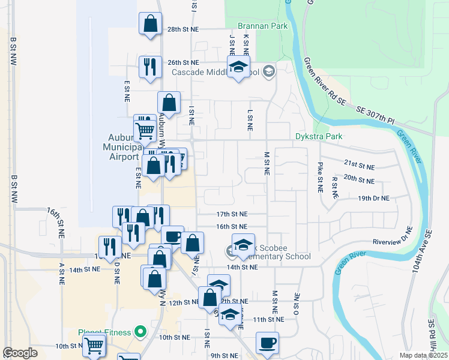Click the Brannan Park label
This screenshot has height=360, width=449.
coord(262,26)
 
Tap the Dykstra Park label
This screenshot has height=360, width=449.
coord(319,136)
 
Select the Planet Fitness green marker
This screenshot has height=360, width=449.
coord(140,331)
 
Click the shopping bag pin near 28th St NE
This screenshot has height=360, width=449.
coord(150,25)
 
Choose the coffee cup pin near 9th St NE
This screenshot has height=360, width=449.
coord(267,343)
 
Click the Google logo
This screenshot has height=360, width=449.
coord(20,353)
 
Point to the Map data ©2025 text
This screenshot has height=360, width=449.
coord(423,355)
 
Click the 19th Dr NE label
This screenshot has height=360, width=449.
coord(373,198)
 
